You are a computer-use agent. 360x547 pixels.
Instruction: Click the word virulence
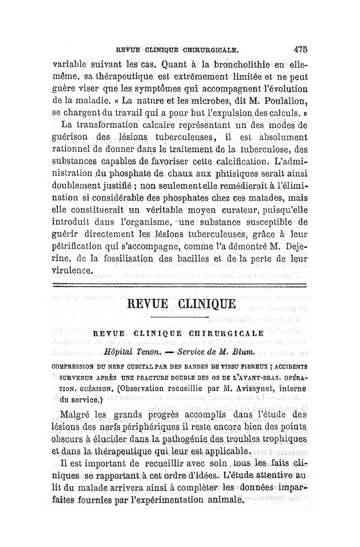pos(72,271)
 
